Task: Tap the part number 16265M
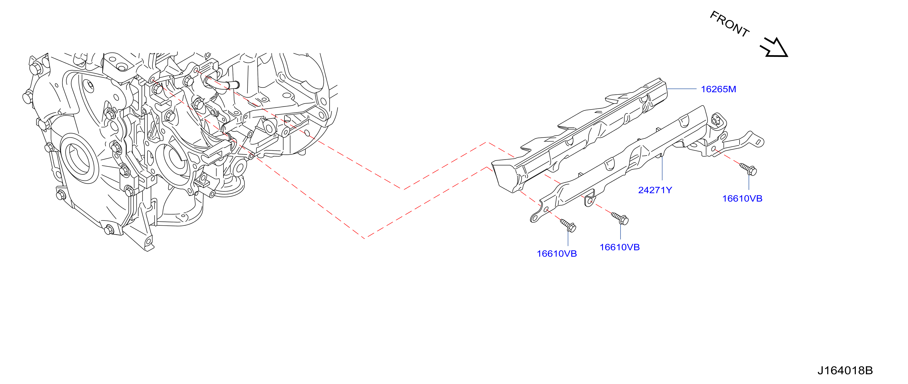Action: point(718,89)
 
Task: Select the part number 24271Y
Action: point(655,190)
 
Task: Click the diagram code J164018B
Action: point(845,371)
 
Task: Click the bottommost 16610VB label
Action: point(557,254)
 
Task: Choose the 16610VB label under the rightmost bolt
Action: point(742,199)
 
